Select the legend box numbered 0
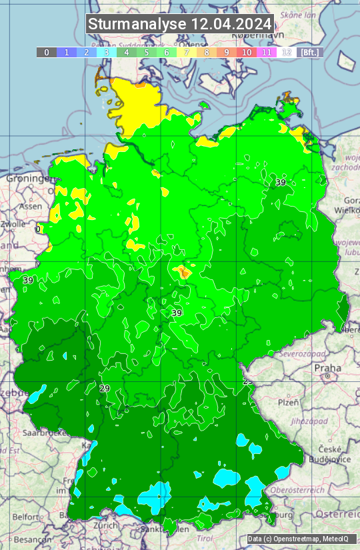click(x=47, y=52)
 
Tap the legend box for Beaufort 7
click(x=187, y=52)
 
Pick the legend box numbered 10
click(x=247, y=52)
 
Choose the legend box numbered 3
click(x=107, y=52)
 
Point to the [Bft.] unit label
click(x=310, y=52)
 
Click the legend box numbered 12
click(x=287, y=52)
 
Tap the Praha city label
click(x=328, y=368)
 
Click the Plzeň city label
click(x=288, y=403)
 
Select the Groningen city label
click(x=27, y=179)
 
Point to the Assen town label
click(x=29, y=207)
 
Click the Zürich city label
click(x=105, y=525)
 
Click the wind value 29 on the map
click(x=104, y=389)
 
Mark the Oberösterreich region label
click(x=315, y=490)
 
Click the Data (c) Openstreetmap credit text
click(x=298, y=539)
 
